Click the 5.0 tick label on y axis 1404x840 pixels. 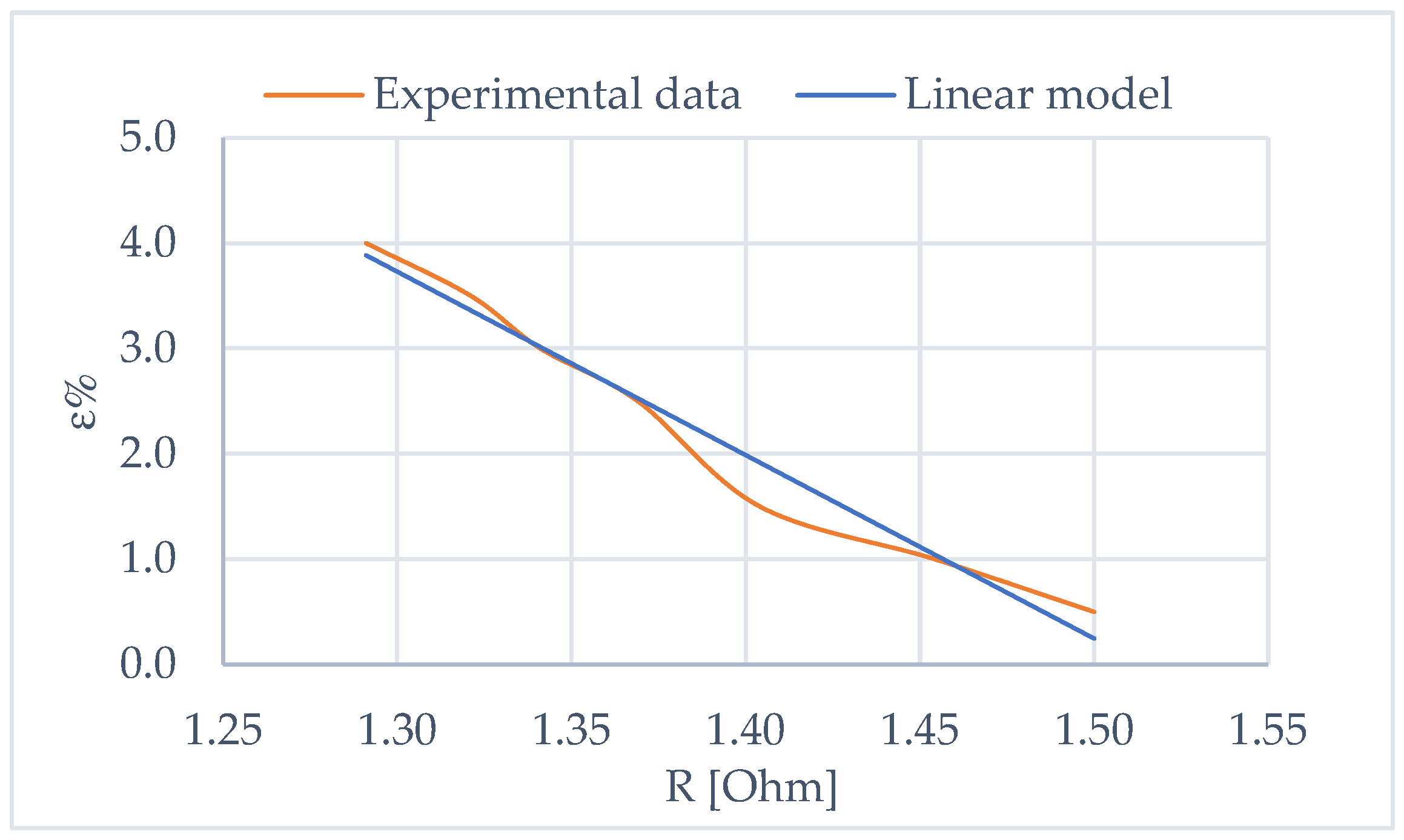[x=148, y=137]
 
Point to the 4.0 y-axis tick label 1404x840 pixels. [x=148, y=243]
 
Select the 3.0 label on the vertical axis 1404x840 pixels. [x=148, y=348]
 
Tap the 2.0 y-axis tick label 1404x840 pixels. [x=148, y=453]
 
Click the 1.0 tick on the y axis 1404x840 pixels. [x=148, y=558]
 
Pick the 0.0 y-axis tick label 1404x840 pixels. [x=148, y=664]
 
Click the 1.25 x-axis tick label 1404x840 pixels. [x=223, y=730]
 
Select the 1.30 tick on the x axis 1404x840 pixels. [x=397, y=730]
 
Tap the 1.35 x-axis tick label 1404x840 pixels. [x=571, y=730]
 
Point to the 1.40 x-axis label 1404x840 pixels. [x=746, y=730]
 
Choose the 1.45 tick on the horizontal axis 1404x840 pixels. [x=919, y=730]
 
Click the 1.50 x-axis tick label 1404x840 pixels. [x=1094, y=730]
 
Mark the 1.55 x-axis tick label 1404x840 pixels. [x=1268, y=730]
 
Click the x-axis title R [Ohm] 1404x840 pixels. [x=751, y=787]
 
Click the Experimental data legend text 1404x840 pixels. [x=557, y=95]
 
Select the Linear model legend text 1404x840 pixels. [x=1038, y=95]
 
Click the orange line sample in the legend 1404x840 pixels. [x=314, y=95]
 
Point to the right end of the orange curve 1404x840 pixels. [x=1094, y=612]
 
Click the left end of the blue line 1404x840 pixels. [x=366, y=255]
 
